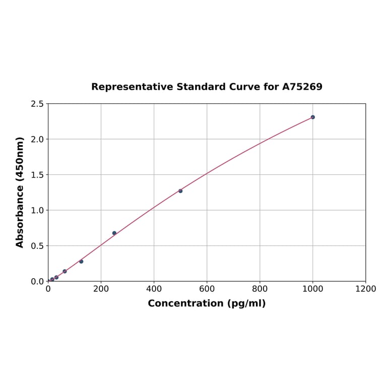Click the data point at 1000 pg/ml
pyautogui.click(x=312, y=117)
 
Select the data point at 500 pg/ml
pyautogui.click(x=180, y=191)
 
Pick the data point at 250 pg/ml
pyautogui.click(x=114, y=233)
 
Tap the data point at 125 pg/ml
pyautogui.click(x=81, y=262)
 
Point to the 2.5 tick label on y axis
pyautogui.click(x=37, y=104)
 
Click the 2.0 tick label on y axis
pyautogui.click(x=37, y=139)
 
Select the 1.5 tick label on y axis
pyautogui.click(x=37, y=175)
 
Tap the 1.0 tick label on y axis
pyautogui.click(x=37, y=210)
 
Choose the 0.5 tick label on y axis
pyautogui.click(x=37, y=246)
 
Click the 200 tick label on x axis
pyautogui.click(x=101, y=289)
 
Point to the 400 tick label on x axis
pyautogui.click(x=154, y=289)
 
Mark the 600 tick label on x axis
pyautogui.click(x=207, y=289)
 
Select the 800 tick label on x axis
pyautogui.click(x=260, y=289)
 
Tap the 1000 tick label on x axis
pyautogui.click(x=312, y=289)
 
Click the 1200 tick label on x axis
pyautogui.click(x=365, y=289)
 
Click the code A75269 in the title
pyautogui.click(x=302, y=87)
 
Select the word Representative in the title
pyautogui.click(x=132, y=87)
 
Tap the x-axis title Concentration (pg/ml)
pyautogui.click(x=207, y=303)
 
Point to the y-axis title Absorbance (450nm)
pyautogui.click(x=20, y=192)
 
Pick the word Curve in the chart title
pyautogui.click(x=244, y=87)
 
